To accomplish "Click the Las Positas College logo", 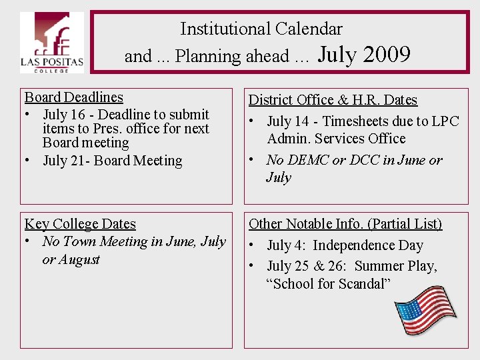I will click(51, 43).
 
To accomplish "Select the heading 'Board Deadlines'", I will click(74, 97).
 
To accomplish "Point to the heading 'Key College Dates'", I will click(80, 224).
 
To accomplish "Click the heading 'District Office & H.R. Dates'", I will click(333, 100).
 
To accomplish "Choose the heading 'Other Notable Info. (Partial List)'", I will click(345, 224).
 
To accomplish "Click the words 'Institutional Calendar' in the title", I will click(261, 29).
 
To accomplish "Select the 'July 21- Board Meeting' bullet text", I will click(112, 161).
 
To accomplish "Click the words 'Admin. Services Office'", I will click(336, 139).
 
